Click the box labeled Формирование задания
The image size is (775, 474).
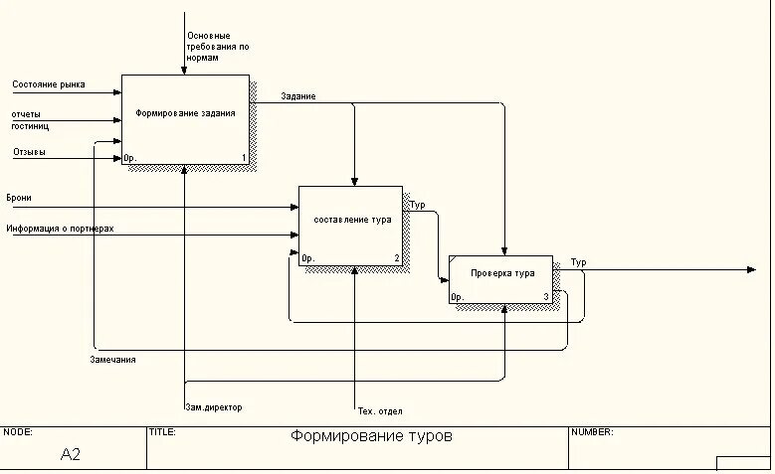coord(185,113)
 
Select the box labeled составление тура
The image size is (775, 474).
coord(351,220)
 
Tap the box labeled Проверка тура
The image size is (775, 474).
coord(501,273)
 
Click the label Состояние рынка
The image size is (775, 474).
coord(48,84)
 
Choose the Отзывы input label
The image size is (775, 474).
coord(29,152)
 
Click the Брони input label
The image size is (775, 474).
coord(19,198)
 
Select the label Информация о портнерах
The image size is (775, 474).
coord(60,229)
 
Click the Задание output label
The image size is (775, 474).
coord(298,96)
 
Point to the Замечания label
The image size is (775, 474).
coord(112,360)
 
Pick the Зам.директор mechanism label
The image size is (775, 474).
coord(213,407)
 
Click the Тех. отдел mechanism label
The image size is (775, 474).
coord(379,411)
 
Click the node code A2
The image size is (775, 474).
coord(70,454)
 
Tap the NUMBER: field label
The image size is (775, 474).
coord(593,432)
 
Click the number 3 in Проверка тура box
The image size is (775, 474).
coord(546,297)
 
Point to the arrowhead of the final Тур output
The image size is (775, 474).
coord(751,269)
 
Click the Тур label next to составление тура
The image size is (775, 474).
coord(418,205)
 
